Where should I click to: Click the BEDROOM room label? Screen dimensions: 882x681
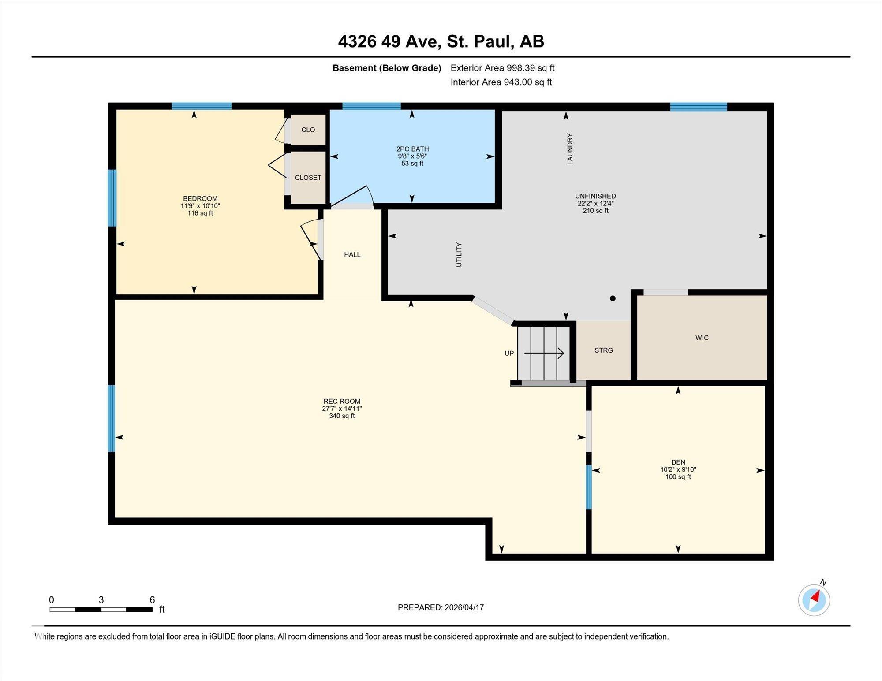[200, 198]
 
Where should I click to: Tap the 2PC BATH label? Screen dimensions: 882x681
[412, 149]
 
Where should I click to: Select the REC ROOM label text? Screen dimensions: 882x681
[342, 401]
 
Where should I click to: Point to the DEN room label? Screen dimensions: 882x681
[678, 462]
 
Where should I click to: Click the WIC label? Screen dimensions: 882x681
[702, 338]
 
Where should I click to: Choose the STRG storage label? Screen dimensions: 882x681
[604, 350]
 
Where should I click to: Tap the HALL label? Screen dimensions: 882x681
[352, 254]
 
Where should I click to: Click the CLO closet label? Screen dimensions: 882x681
[308, 130]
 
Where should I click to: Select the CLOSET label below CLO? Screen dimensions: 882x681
[308, 178]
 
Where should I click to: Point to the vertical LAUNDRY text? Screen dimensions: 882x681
[570, 149]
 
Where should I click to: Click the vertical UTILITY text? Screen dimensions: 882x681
[459, 254]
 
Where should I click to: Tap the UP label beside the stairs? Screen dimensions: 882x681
[509, 353]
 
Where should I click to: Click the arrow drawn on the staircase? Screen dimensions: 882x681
[544, 353]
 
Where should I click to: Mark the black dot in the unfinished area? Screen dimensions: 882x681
[613, 298]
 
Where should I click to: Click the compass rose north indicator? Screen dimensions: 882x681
[814, 599]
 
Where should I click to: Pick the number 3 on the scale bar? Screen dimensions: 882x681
[101, 599]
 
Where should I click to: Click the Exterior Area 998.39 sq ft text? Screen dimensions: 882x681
[502, 68]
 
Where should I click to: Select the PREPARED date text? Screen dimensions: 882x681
[441, 607]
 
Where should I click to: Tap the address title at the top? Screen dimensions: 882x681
[441, 41]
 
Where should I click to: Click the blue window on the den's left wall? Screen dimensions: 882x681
[588, 487]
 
